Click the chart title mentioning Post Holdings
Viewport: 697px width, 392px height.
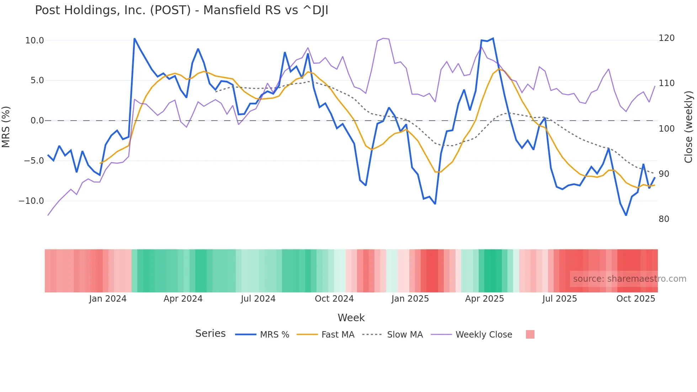[181, 10]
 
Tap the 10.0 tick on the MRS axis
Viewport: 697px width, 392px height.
[34, 41]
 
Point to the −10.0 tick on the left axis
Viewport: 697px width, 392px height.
[31, 201]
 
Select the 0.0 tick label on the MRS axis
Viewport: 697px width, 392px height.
[37, 121]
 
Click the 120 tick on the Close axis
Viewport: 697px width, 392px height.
[666, 38]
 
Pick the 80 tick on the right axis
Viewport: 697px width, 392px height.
[664, 219]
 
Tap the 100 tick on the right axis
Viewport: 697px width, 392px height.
[666, 129]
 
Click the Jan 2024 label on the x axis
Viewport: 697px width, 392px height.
[108, 299]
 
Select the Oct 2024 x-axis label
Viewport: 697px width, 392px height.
[334, 299]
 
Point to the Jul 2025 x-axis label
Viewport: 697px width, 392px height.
[559, 299]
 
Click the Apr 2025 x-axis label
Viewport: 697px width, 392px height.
[484, 299]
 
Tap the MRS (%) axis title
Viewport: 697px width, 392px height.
[6, 127]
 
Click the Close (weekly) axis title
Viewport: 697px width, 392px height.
[689, 127]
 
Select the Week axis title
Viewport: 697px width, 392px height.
[351, 318]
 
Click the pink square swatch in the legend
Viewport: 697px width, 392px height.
[530, 334]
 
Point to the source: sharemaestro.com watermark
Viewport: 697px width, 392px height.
[629, 279]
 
